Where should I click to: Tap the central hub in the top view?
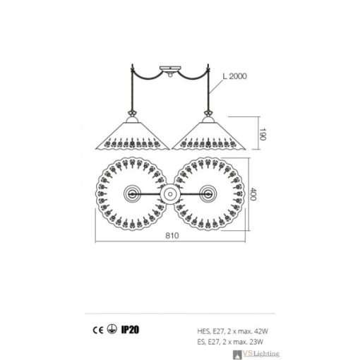tap(169, 193)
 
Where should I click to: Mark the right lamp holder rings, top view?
tap(208, 193)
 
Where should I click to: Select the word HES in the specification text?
tap(203, 328)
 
